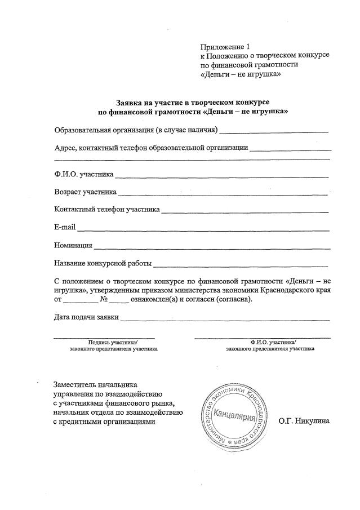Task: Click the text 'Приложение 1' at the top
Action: [x=224, y=46]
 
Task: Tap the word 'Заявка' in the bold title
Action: [x=130, y=103]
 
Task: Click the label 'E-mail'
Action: [x=65, y=228]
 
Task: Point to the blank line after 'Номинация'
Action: [x=212, y=247]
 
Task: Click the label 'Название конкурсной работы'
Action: [x=103, y=264]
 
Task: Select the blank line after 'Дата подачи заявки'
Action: [x=225, y=318]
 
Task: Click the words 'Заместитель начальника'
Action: [x=95, y=384]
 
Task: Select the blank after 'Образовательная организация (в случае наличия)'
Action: [x=274, y=131]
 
